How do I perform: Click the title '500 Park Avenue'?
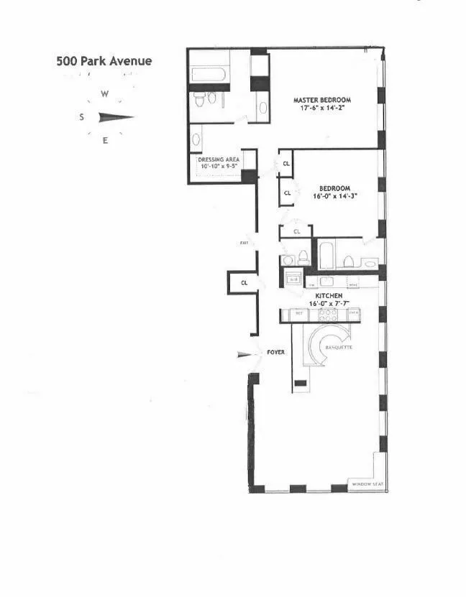click(104, 61)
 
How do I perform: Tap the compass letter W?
click(105, 94)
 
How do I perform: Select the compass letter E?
click(105, 141)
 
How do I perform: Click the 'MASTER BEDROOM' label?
click(321, 100)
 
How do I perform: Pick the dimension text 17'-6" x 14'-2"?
click(321, 109)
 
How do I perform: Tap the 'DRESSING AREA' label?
click(217, 161)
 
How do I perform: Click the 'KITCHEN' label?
click(326, 296)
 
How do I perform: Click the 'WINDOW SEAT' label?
click(367, 485)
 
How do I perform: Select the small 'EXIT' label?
click(245, 244)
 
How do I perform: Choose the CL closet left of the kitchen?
click(245, 282)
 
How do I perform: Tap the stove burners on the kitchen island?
click(319, 315)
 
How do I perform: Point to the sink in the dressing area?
click(196, 139)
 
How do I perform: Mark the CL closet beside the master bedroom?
click(286, 163)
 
